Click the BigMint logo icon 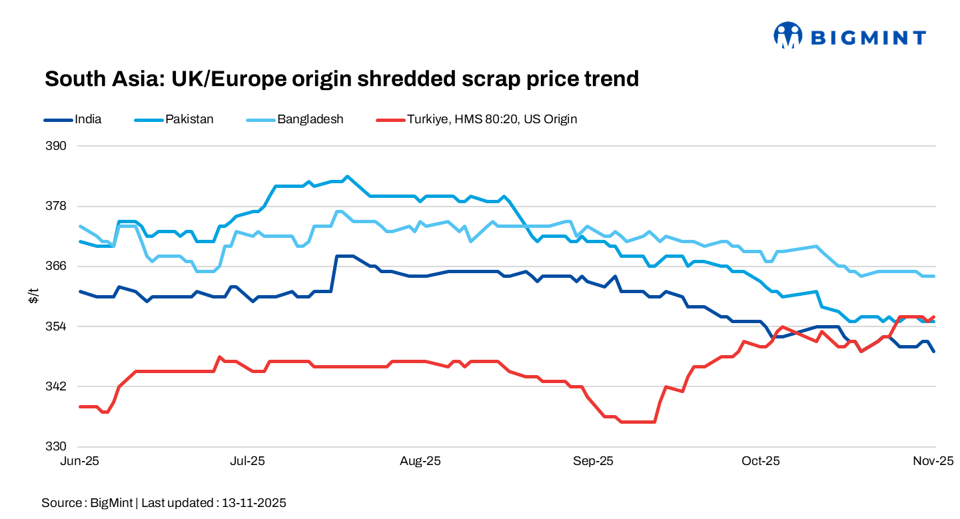(x=787, y=35)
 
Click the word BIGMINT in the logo (x=868, y=38)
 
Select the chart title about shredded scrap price (x=341, y=79)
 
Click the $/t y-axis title (x=33, y=296)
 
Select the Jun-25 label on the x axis (x=79, y=461)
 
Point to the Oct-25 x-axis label (x=761, y=461)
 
